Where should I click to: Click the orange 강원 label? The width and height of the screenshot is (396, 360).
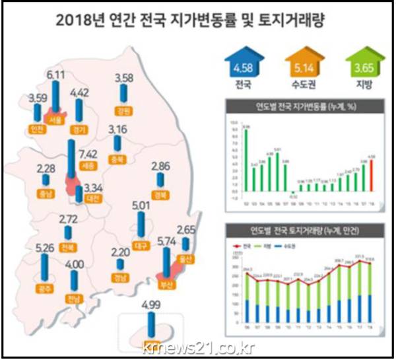[x=122, y=110]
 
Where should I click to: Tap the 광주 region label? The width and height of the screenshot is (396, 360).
[x=46, y=289]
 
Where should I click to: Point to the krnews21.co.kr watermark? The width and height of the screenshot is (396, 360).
[x=197, y=348]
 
